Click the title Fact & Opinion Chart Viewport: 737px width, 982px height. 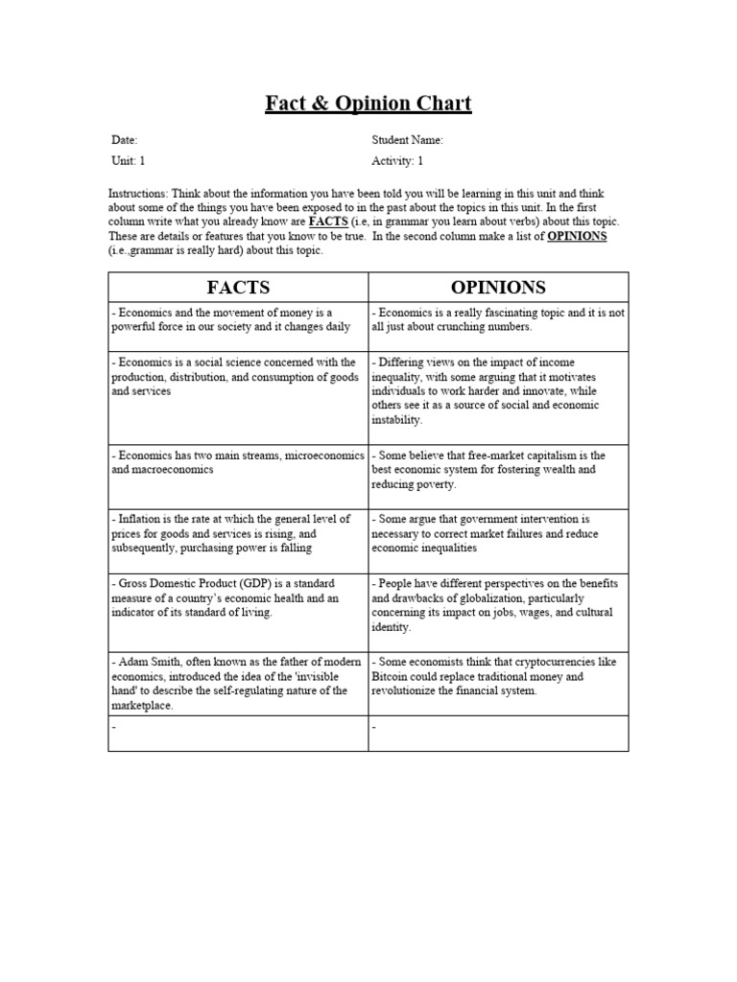[x=368, y=103]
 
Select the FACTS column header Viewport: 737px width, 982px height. [x=238, y=287]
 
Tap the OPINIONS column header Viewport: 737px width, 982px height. [x=498, y=287]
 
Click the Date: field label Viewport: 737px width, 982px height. [x=125, y=140]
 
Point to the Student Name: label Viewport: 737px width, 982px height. [x=407, y=140]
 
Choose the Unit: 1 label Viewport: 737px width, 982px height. [x=128, y=161]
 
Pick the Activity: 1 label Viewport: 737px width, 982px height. [x=397, y=161]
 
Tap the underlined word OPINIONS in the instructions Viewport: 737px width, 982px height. [x=577, y=236]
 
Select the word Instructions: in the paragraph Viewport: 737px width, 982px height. [x=138, y=193]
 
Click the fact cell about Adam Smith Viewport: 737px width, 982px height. [x=238, y=683]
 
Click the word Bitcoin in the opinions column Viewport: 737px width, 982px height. [x=390, y=676]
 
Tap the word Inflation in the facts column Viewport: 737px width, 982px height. [x=142, y=519]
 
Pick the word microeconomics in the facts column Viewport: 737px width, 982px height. [x=321, y=456]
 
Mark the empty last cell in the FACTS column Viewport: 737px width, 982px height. [x=238, y=733]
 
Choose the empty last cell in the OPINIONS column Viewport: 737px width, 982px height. [x=498, y=733]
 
